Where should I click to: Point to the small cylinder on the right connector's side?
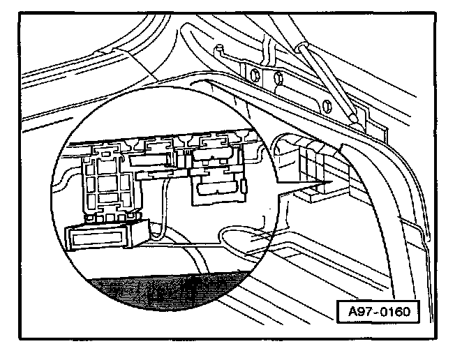tap(246, 187)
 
